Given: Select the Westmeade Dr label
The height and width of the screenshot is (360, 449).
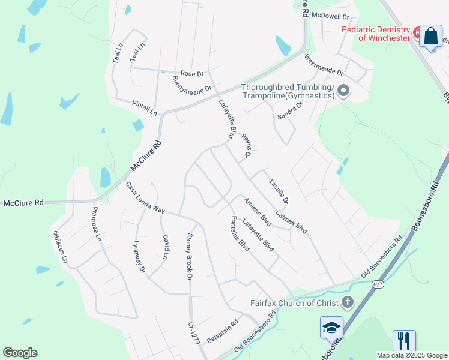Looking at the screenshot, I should click(324, 65).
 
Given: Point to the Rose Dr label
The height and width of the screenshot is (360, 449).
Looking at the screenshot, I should click(192, 74).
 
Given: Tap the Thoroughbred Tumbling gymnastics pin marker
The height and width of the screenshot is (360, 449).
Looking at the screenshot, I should click(343, 91).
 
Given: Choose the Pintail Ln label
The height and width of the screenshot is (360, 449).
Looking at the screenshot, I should click(145, 109).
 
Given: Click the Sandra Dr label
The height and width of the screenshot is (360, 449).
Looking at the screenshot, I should click(289, 110).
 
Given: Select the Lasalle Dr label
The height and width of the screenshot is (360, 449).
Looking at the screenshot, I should click(279, 191).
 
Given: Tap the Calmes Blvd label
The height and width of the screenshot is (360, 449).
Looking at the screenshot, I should click(292, 221).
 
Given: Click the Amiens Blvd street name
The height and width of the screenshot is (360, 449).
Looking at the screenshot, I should click(258, 211).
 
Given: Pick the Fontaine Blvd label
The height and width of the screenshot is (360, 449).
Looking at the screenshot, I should click(240, 233).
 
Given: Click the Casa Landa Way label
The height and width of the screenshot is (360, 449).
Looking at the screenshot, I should click(145, 199).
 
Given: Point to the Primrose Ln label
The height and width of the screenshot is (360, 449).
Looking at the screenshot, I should click(97, 224).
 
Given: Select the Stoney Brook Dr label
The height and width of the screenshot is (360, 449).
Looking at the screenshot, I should click(189, 257).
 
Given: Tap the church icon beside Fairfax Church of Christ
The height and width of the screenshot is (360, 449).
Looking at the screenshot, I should click(347, 302).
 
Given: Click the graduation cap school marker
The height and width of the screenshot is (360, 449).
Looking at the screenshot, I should click(331, 328).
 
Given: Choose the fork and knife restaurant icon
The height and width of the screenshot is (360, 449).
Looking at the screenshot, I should click(404, 341).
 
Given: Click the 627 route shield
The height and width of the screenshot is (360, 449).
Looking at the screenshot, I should click(377, 284).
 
